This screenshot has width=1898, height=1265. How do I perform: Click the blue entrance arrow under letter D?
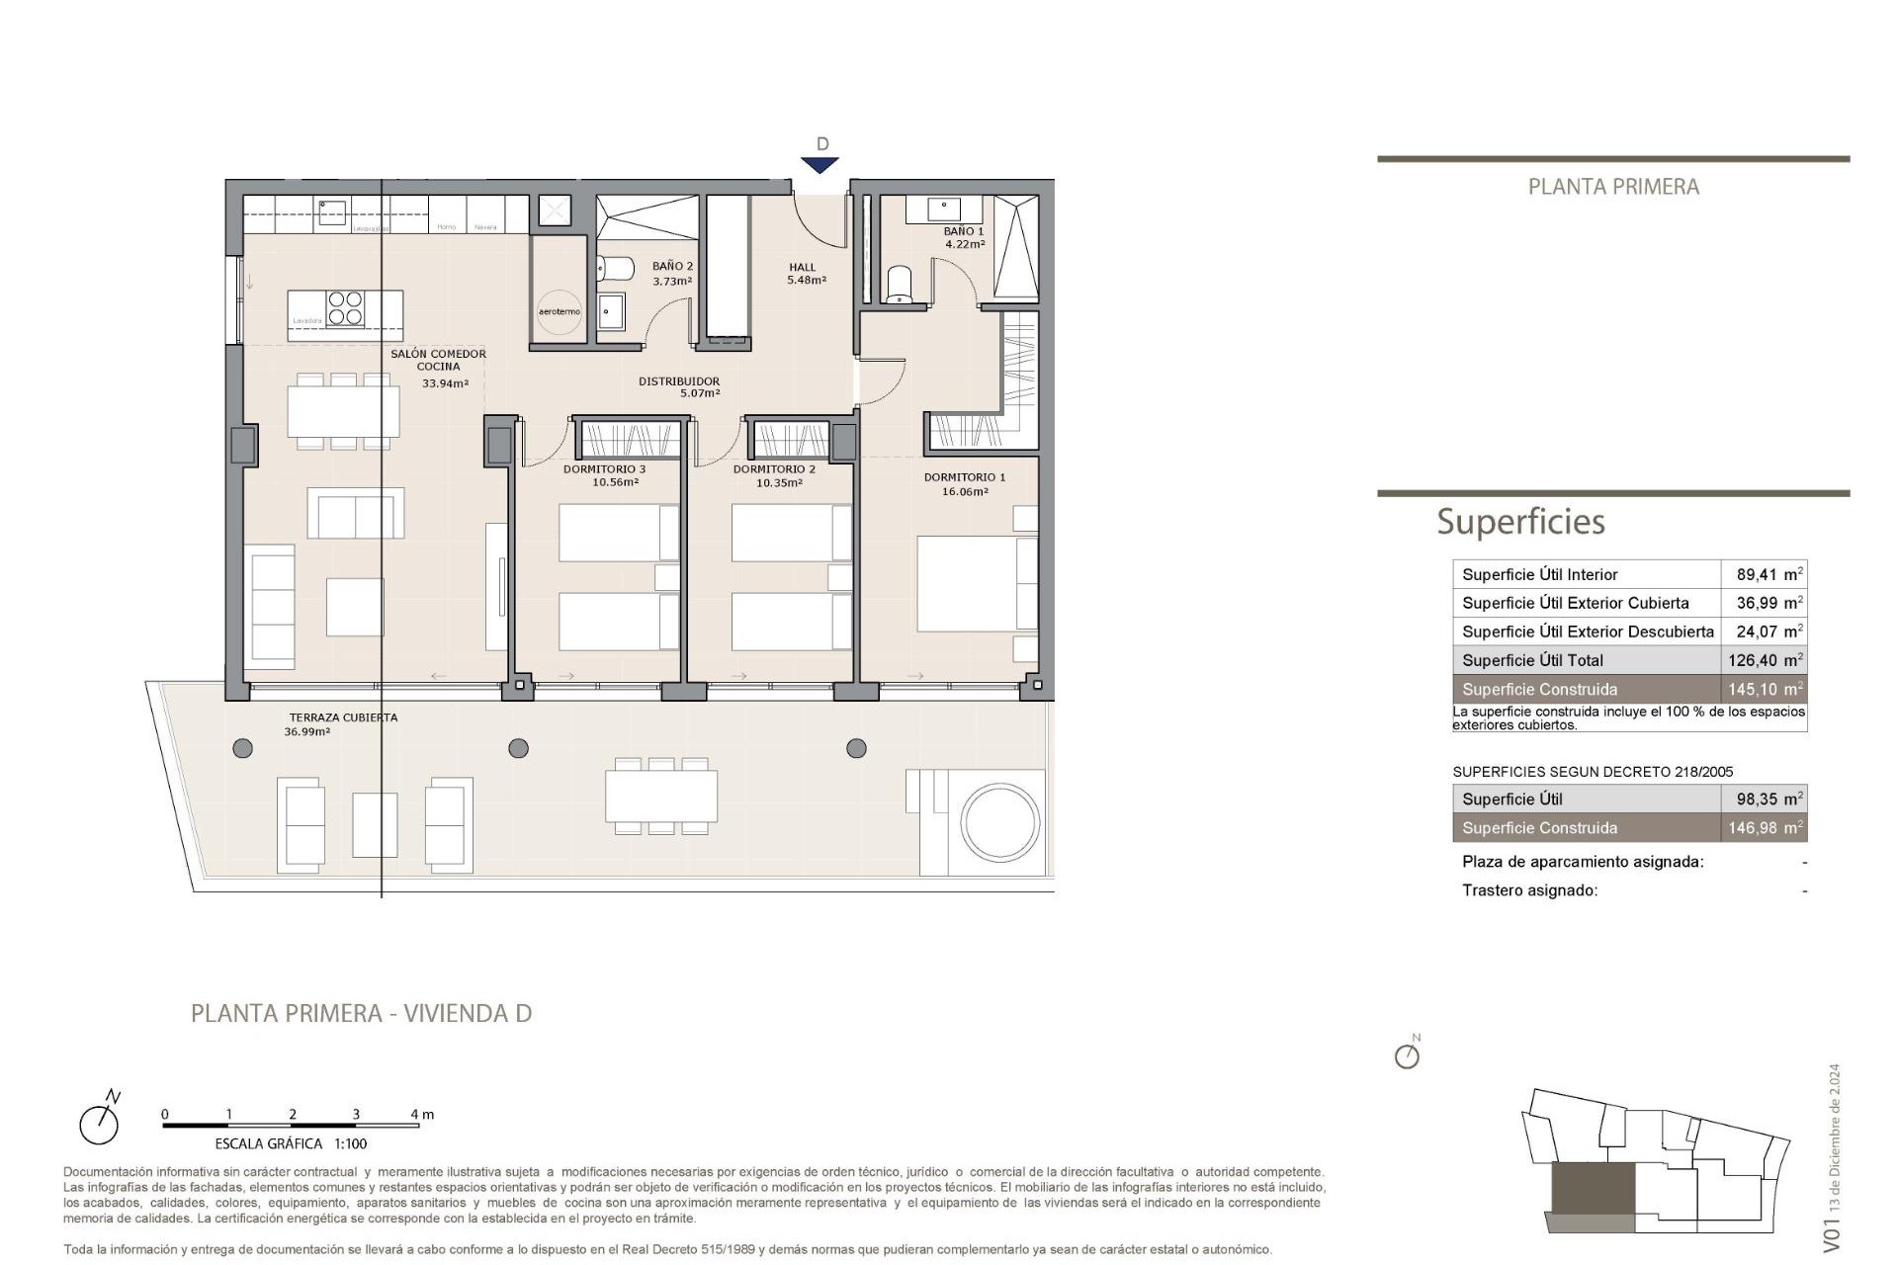click(820, 165)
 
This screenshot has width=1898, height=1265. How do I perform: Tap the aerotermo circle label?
click(560, 311)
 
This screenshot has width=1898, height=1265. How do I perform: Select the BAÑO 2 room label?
click(672, 273)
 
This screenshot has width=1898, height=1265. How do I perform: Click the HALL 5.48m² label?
click(805, 273)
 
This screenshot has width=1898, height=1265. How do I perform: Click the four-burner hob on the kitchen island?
click(346, 308)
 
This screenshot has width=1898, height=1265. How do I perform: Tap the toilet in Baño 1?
click(899, 284)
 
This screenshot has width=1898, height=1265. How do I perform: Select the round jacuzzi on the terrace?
click(1000, 822)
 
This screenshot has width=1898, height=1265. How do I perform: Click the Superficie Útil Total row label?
click(1532, 660)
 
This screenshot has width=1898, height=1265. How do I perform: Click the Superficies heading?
click(1520, 521)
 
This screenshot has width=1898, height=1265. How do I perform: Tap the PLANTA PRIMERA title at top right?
click(1613, 187)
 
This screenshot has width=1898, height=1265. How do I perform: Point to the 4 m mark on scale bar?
click(422, 1114)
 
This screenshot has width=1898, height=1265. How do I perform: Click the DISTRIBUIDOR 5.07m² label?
click(679, 386)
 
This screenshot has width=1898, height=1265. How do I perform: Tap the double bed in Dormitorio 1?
click(974, 583)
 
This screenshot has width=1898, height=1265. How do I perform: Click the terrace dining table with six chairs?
click(661, 796)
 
